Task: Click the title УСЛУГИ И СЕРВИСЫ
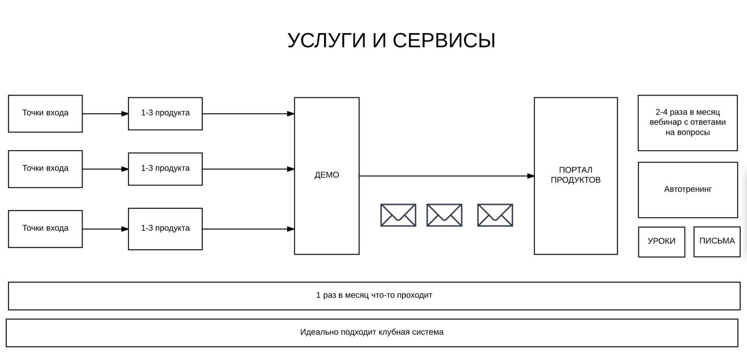pos(391,41)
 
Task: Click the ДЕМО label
pos(327,175)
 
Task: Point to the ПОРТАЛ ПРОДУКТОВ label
pos(575,175)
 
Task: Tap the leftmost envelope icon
pos(398,204)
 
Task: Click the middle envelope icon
pos(444,204)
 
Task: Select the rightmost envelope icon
pos(495,204)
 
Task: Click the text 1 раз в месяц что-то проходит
pos(374,295)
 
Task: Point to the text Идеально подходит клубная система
pos(372,332)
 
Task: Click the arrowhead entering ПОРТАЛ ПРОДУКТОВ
pos(531,176)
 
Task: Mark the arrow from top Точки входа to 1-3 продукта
pos(105,114)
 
